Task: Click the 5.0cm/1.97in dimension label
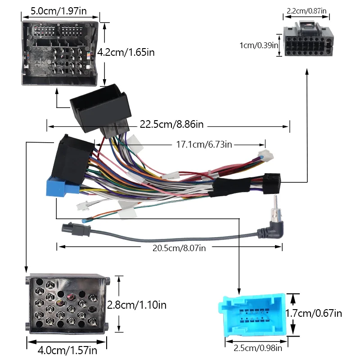58,11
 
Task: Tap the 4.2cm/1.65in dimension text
126,52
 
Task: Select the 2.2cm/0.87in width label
306,11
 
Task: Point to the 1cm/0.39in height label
259,45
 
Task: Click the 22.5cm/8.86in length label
172,124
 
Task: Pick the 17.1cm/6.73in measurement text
204,144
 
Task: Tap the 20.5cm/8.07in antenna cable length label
179,248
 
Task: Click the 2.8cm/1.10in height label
137,305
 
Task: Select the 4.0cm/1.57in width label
67,351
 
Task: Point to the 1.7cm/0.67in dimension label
314,313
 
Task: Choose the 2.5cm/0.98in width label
258,348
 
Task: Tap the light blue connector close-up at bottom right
252,315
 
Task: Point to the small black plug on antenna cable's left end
76,229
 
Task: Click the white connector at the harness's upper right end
266,156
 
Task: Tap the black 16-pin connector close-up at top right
308,39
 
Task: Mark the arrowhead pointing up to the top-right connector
307,71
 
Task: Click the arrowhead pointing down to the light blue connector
239,292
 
